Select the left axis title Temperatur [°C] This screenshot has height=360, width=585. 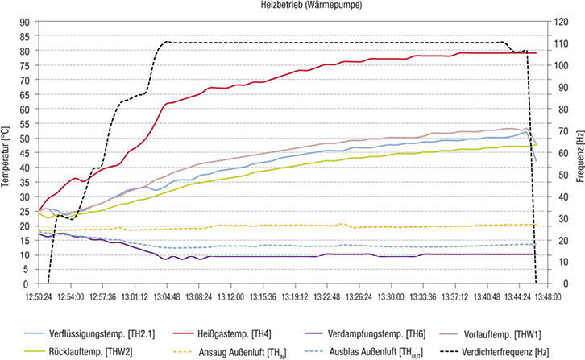tap(6, 152)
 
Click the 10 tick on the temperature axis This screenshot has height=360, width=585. tap(26, 254)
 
